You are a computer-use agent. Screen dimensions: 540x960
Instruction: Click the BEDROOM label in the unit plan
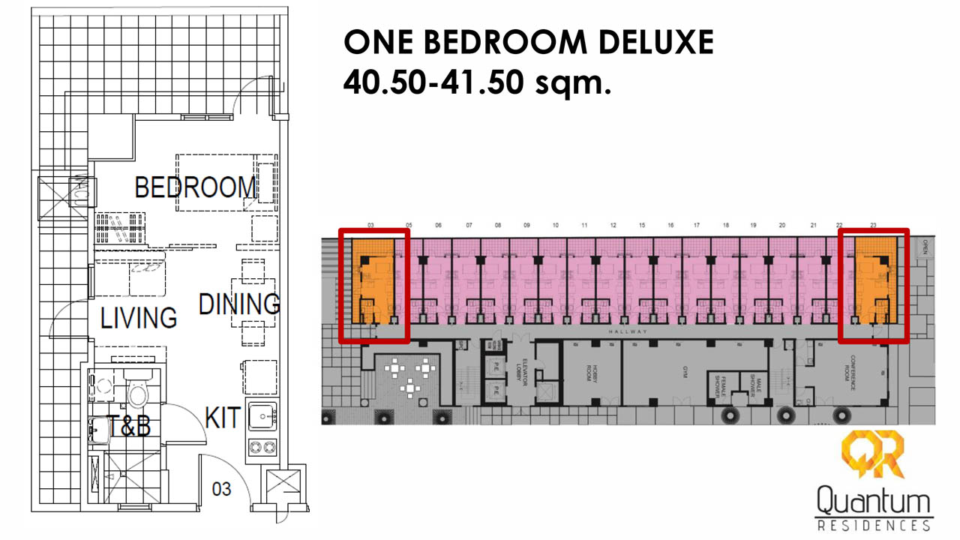pos(195,187)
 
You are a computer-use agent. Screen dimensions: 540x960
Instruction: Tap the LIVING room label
pos(139,318)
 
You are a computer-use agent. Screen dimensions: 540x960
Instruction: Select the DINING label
pos(238,304)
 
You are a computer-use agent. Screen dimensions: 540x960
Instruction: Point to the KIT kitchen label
pos(223,418)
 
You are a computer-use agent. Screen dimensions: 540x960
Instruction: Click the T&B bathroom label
pos(129,427)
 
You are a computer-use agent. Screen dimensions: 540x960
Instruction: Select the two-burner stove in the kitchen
pos(262,447)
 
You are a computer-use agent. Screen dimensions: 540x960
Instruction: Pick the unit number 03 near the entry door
pos(221,490)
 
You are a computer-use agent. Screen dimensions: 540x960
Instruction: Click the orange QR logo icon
pos(872,455)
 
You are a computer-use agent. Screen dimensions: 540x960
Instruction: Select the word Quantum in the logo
pos(872,500)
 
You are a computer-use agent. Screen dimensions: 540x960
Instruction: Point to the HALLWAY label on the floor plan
pos(628,331)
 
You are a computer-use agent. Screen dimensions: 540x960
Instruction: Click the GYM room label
pos(685,373)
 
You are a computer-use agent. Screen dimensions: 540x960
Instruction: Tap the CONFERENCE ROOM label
pos(853,368)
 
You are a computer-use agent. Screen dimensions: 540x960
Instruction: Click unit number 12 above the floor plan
pos(613,225)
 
